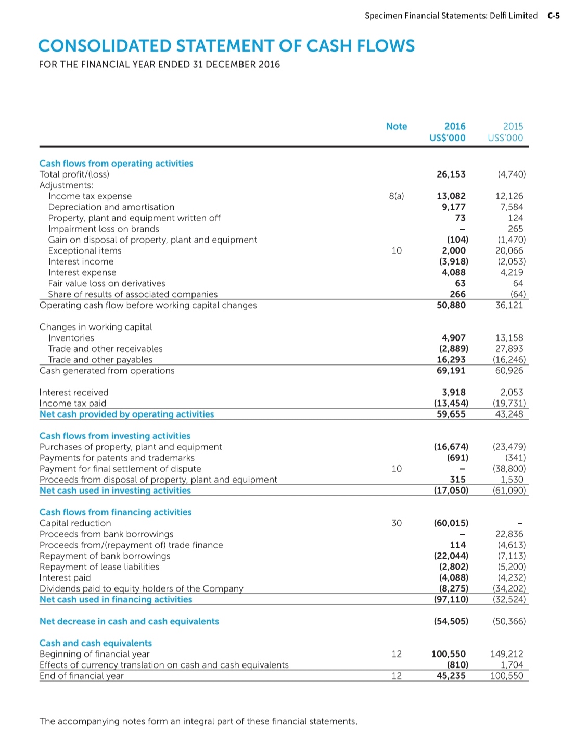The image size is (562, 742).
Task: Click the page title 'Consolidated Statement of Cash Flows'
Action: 226,46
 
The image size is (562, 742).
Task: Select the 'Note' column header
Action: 397,127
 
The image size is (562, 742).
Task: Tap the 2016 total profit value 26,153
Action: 451,174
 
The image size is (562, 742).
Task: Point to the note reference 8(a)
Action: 397,196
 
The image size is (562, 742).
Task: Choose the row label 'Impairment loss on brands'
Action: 104,229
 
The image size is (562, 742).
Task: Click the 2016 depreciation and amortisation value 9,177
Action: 454,207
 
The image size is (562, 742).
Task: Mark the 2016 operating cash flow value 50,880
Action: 451,305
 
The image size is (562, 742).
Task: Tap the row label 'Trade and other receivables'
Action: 105,349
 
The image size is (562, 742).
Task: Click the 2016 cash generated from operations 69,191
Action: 451,371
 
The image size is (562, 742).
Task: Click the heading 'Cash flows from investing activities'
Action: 115,436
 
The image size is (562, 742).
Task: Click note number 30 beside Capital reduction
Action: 397,523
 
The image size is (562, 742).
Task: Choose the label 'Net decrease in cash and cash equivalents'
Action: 129,621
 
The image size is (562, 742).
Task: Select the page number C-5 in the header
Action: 553,16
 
